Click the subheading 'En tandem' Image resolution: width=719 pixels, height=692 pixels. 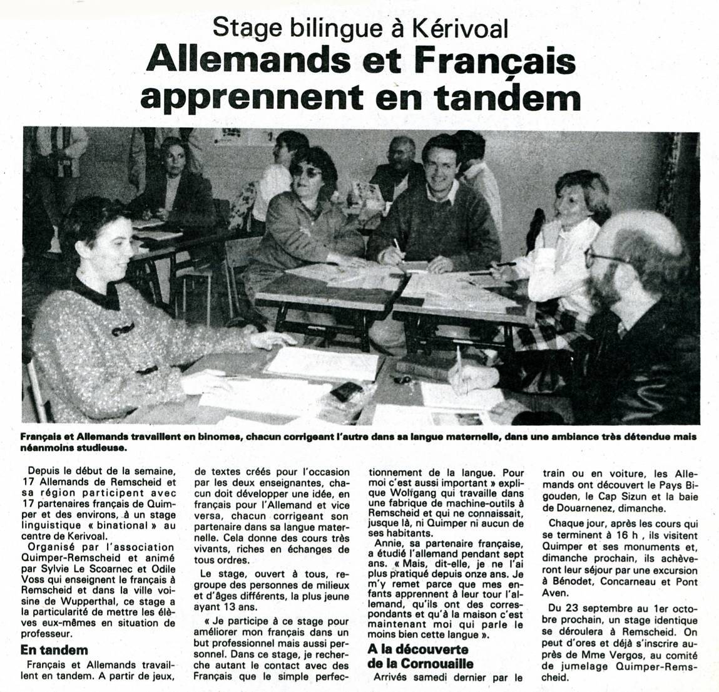(54, 649)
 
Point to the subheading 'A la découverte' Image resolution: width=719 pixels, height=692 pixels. (418, 649)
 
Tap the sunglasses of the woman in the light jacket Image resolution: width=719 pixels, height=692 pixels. (309, 170)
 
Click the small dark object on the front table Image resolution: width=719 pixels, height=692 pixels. (345, 391)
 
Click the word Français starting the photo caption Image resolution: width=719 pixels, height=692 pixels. (39, 436)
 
